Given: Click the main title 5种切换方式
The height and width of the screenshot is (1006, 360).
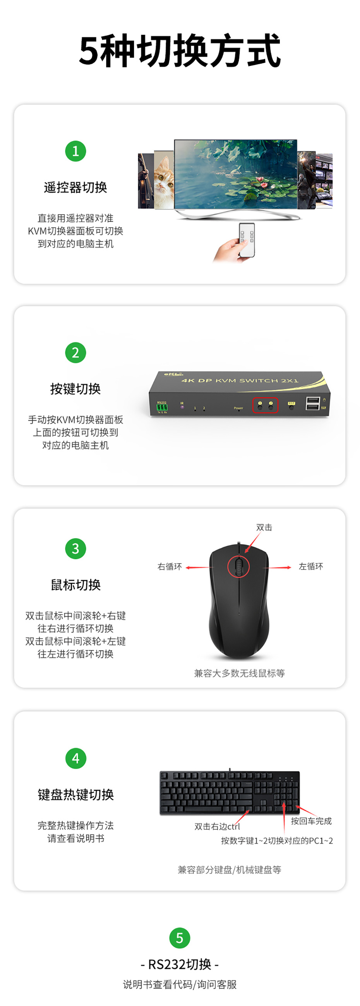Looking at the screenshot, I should tap(180, 50).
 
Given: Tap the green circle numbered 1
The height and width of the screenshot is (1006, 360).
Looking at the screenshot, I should tap(75, 151).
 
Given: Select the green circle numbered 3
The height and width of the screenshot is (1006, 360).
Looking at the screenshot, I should tap(75, 548).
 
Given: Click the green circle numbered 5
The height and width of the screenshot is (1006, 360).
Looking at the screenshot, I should tap(180, 938).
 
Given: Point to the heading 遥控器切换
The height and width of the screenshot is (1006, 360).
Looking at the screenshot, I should tap(75, 187).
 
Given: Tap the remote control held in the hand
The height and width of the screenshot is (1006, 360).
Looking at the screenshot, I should tap(247, 239).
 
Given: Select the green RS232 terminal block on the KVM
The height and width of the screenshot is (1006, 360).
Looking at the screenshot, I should tap(162, 407).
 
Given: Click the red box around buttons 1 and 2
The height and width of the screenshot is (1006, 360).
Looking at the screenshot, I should tap(266, 405).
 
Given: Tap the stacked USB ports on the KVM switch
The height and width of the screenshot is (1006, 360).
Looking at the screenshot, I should tap(313, 403).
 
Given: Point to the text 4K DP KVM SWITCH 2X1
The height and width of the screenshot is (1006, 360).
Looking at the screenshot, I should tap(240, 380).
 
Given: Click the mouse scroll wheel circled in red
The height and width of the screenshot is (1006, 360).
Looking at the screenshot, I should tap(238, 566).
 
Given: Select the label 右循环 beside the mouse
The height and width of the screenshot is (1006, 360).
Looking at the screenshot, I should tap(170, 567).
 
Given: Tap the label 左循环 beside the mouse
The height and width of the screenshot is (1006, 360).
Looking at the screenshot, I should tap(311, 566).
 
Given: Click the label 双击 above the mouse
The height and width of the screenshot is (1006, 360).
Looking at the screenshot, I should tap(264, 527).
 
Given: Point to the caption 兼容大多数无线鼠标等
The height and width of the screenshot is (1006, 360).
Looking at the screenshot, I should tap(239, 673).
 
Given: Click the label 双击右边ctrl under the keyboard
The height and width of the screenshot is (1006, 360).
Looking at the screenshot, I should tap(217, 826).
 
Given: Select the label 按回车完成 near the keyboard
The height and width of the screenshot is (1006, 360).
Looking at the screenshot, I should tap(311, 821).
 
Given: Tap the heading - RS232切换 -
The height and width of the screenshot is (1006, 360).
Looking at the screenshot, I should tap(180, 964).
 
